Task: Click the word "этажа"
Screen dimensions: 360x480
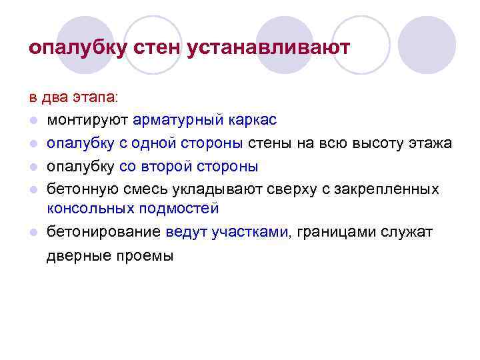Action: tap(431, 143)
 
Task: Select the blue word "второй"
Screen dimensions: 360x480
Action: tap(177, 166)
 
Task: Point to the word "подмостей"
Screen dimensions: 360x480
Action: tap(179, 209)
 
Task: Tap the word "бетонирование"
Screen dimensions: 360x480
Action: tap(103, 233)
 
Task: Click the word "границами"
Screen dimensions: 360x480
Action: tap(337, 233)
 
